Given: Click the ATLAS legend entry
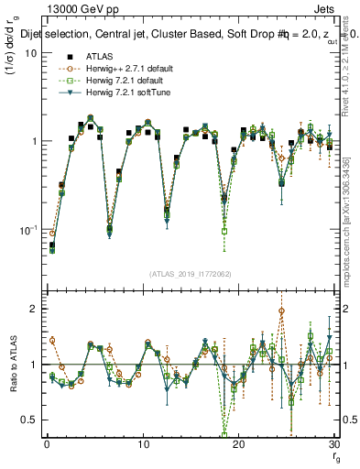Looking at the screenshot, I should pyautogui.click(x=85, y=58).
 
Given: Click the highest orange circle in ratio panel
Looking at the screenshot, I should pyautogui.click(x=281, y=311).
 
